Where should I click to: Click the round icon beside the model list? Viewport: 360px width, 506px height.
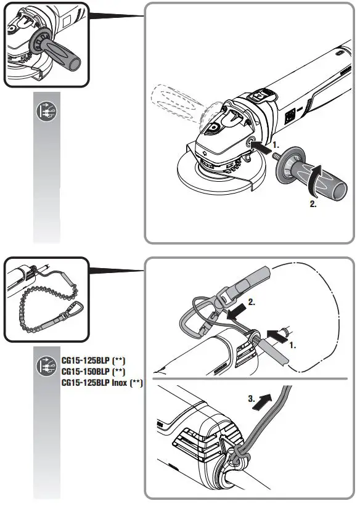(x=46, y=363)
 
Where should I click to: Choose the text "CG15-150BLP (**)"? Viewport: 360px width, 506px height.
(x=93, y=372)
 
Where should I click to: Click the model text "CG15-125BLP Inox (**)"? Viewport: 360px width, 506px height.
(x=102, y=383)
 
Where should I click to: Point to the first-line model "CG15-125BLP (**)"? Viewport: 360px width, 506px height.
(x=93, y=361)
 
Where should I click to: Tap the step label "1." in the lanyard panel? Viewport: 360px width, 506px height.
(x=293, y=346)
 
